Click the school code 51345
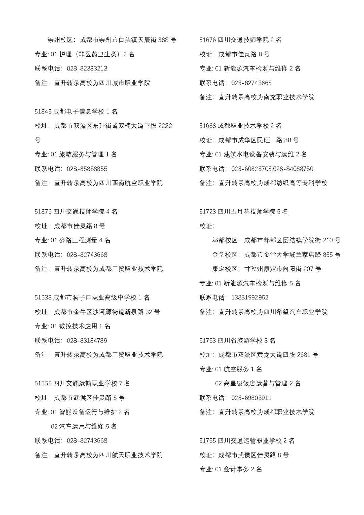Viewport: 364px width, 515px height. [x=43, y=112]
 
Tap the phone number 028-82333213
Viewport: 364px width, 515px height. [x=87, y=69]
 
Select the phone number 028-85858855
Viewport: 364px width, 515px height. [x=87, y=169]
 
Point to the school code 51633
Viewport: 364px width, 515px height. [x=43, y=298]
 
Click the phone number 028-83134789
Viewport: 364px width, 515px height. [x=87, y=341]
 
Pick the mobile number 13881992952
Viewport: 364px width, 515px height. [x=250, y=298]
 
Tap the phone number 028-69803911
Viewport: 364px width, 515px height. [x=251, y=398]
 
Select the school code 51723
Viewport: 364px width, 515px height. [x=207, y=212]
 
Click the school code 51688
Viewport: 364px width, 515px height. [x=207, y=126]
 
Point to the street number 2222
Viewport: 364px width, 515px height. [x=165, y=126]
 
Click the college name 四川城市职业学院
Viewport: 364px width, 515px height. [x=125, y=83]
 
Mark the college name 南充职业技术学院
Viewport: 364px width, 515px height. [x=289, y=97]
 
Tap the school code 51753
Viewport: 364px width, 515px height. [x=207, y=341]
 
